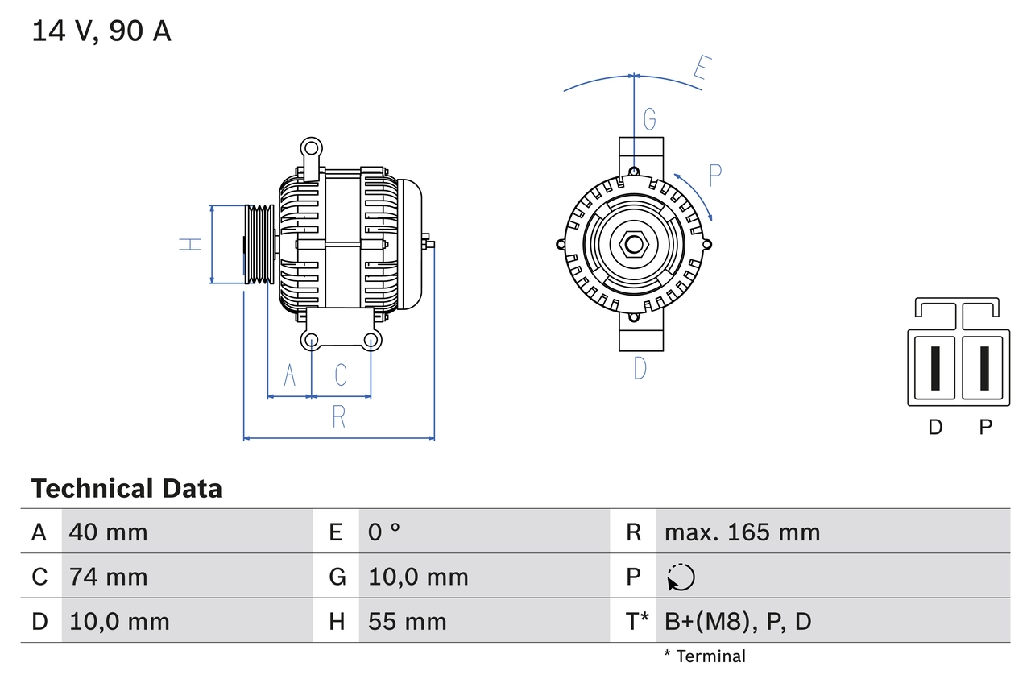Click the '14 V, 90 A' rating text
click(x=101, y=31)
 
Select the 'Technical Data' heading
click(x=126, y=488)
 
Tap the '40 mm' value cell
click(x=108, y=532)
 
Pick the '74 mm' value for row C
click(x=108, y=577)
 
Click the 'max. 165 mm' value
click(x=742, y=532)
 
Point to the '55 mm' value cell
click(x=407, y=621)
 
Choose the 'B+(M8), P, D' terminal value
click(x=737, y=621)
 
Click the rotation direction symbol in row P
click(x=681, y=577)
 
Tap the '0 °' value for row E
click(x=384, y=532)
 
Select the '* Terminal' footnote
click(x=705, y=656)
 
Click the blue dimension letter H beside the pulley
click(x=190, y=244)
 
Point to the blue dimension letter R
click(x=339, y=417)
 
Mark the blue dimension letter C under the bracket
click(x=341, y=375)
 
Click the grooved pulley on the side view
click(x=259, y=244)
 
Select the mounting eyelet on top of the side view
click(x=311, y=147)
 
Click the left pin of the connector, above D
click(x=934, y=368)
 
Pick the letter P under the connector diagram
click(x=985, y=428)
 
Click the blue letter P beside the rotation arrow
click(x=715, y=175)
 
